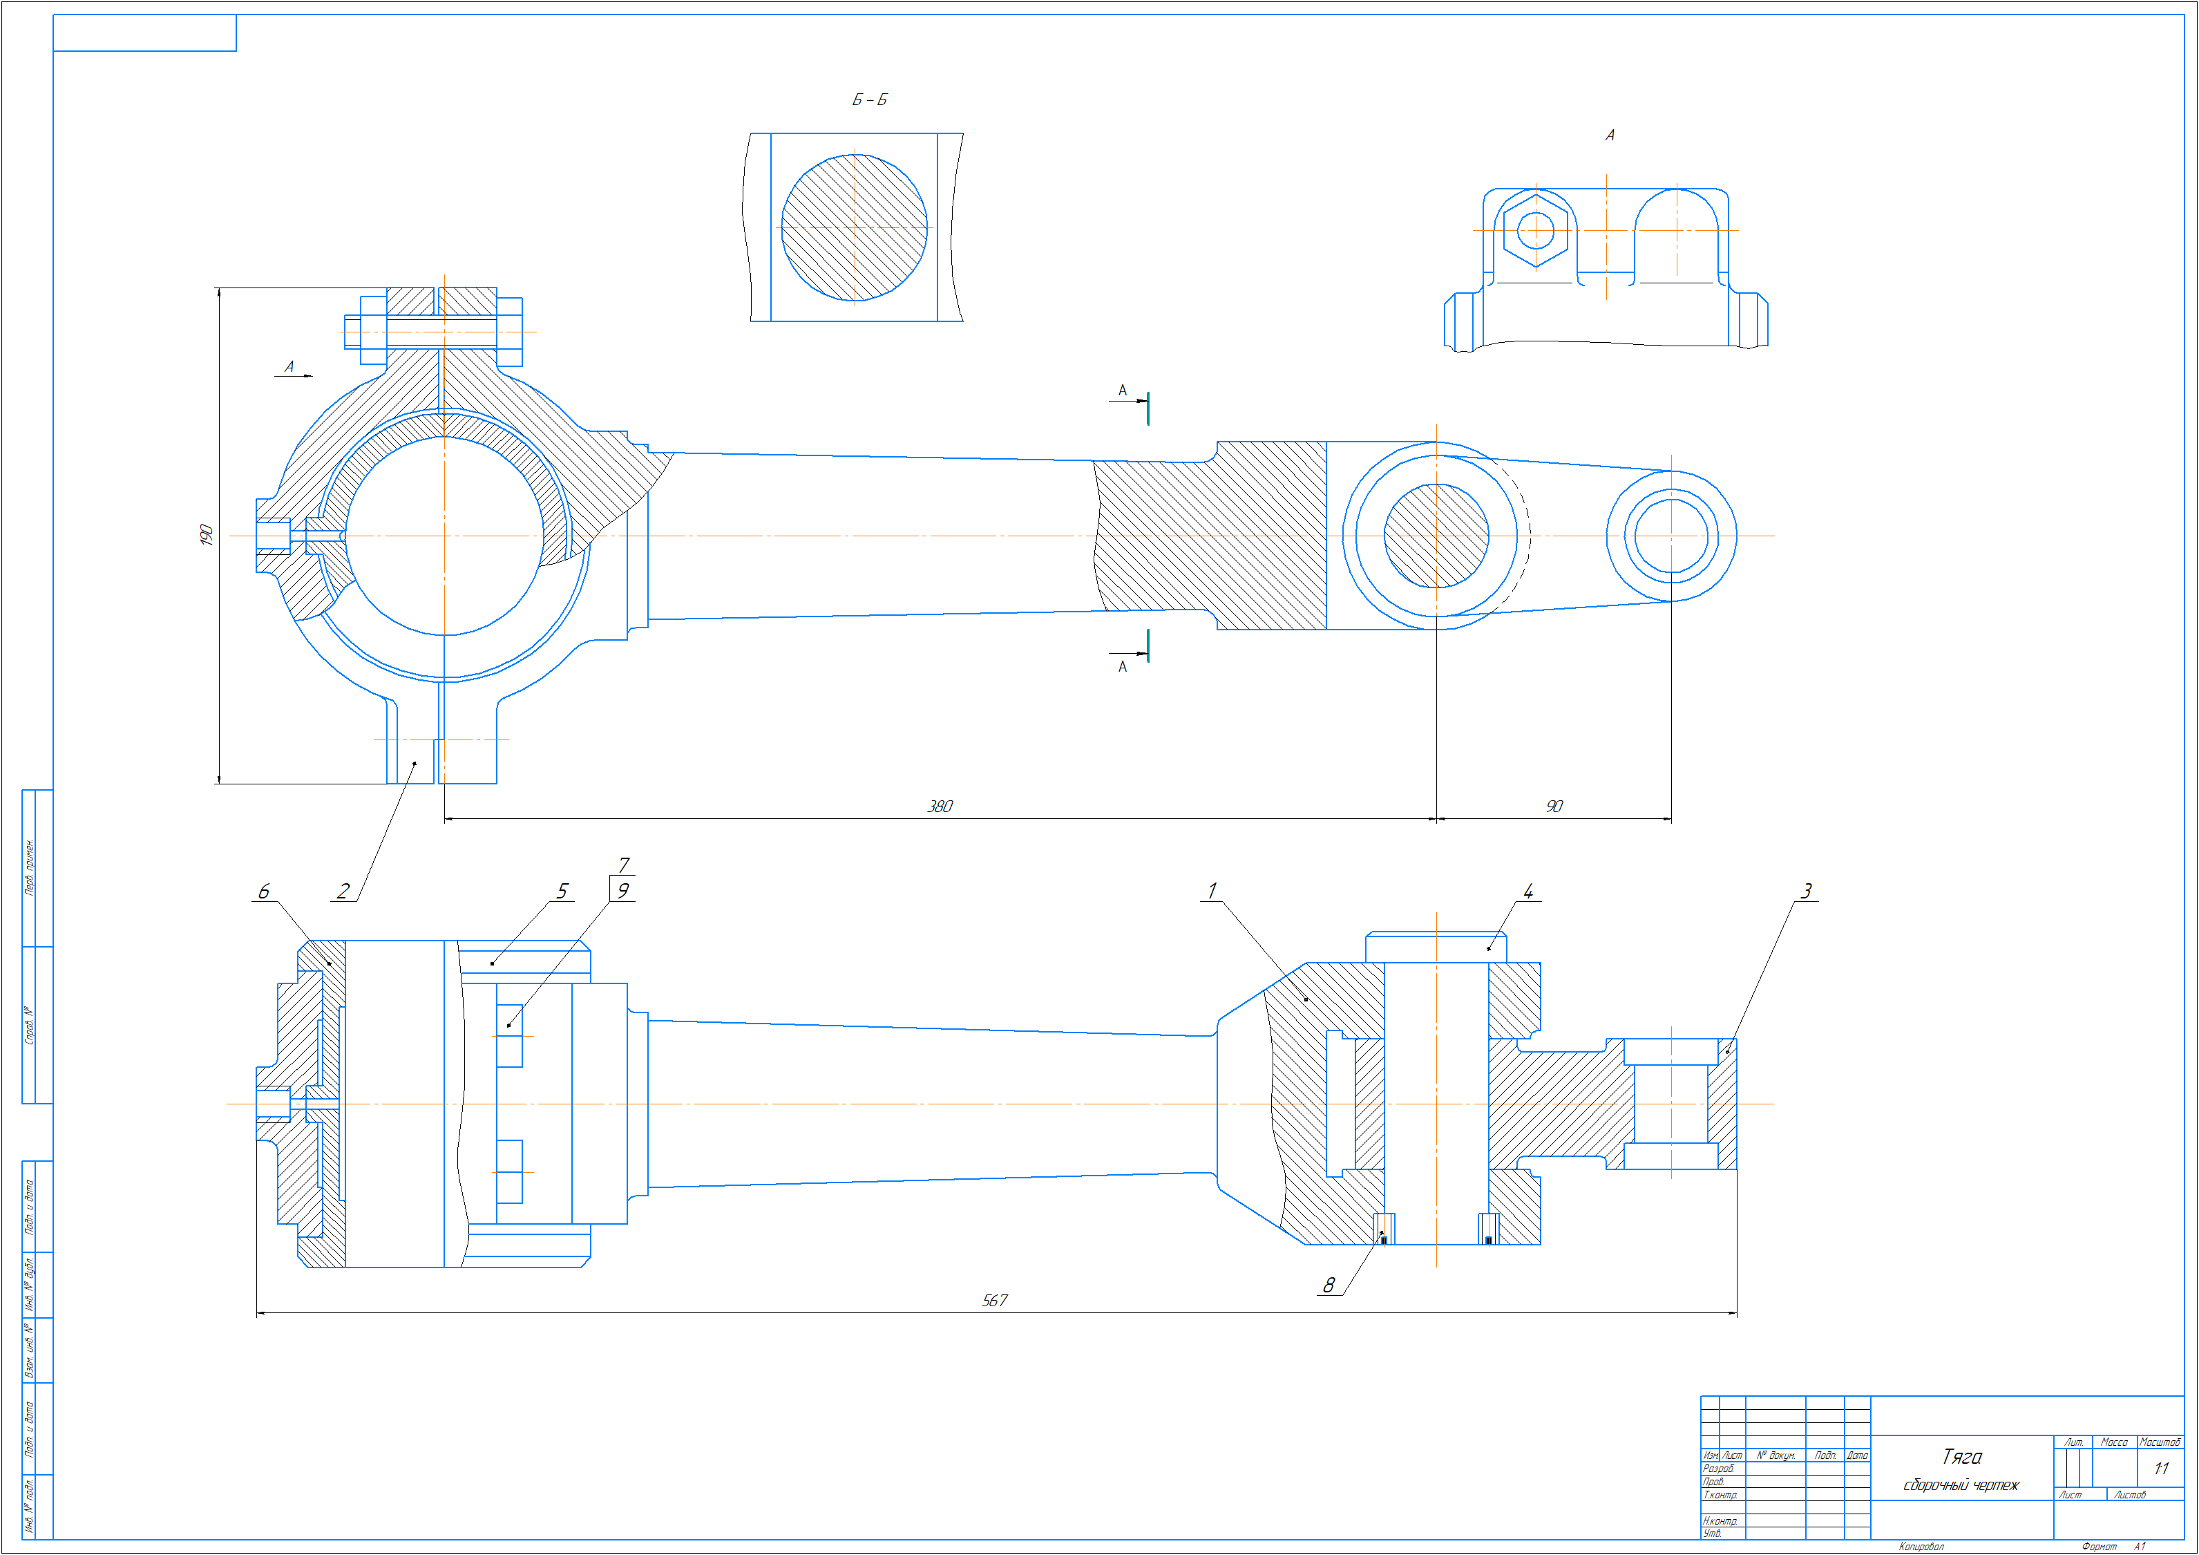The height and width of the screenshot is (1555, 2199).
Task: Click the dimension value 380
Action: pos(940,807)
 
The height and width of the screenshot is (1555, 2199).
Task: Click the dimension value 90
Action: pos(1554,807)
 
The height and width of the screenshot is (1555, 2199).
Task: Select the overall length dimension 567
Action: pos(994,1300)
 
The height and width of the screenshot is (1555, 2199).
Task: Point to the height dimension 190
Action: pos(206,535)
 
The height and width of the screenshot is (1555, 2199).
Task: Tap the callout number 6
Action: pos(263,891)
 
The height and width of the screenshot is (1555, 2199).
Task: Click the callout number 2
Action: pos(343,891)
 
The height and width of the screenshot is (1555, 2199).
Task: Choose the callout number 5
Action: pos(562,891)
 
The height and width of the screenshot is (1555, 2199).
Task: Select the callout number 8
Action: pos(1329,1285)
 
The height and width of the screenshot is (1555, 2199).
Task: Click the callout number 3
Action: pos(1807,891)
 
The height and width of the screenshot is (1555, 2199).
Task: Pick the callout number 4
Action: pos(1527,891)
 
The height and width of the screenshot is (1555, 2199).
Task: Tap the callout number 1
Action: pos(1212,891)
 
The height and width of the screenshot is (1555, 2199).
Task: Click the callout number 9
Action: pos(622,890)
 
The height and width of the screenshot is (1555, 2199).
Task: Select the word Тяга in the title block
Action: pos(1961,1456)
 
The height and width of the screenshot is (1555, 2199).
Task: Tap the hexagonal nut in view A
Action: pos(1535,230)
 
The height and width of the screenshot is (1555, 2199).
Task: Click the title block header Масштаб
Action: pos(2160,1442)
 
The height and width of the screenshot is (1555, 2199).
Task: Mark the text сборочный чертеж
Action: pos(1961,1485)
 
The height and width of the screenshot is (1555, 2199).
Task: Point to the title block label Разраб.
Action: pos(1718,1468)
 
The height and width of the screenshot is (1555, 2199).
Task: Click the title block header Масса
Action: pos(2114,1442)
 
